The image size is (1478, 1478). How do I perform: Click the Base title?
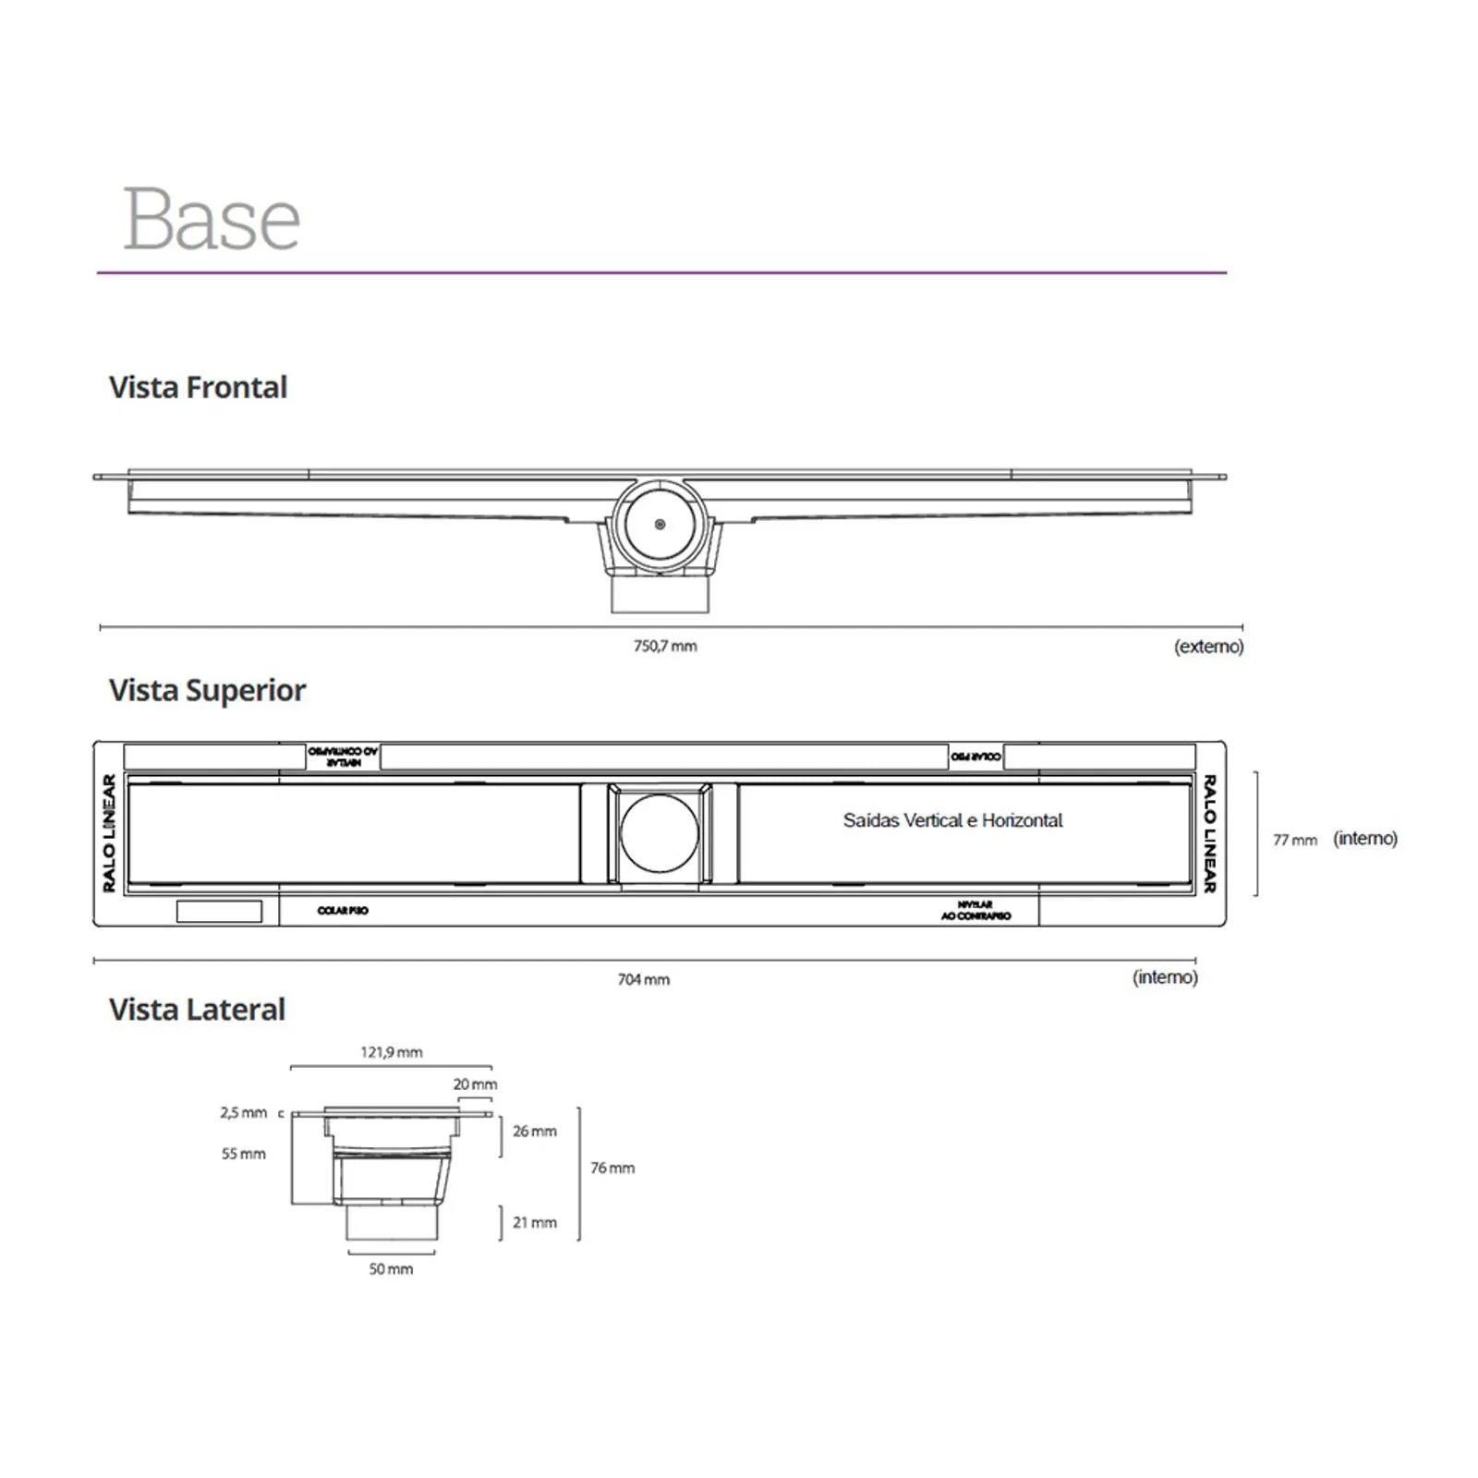coord(212,219)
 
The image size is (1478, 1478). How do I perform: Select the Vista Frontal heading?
coord(198,387)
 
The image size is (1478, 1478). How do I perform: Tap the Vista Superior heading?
coord(207,690)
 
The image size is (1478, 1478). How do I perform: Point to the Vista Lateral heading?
coord(197,1010)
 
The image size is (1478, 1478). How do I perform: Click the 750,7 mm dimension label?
coord(665,647)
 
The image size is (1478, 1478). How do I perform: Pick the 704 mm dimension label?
coord(644,979)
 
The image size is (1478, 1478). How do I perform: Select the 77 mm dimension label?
coord(1295,840)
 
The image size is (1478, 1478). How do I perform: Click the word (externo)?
coord(1208,647)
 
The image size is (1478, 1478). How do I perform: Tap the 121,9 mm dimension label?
coord(392,1052)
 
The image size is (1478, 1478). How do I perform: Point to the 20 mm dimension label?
coord(475,1084)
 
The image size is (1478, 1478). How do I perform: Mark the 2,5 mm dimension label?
coord(244,1113)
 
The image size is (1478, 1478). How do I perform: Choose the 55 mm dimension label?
coord(244,1154)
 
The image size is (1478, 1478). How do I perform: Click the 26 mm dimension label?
coord(535,1132)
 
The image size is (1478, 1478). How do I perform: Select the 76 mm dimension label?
coord(612,1169)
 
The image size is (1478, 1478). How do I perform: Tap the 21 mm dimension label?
coord(535,1223)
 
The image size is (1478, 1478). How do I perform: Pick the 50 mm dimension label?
coord(391,1269)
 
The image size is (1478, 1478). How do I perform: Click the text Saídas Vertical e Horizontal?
coord(952,820)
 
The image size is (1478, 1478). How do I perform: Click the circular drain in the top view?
coord(660,832)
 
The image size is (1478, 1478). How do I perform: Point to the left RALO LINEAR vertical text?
coord(109,833)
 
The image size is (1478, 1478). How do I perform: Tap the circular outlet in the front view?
coord(659,524)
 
